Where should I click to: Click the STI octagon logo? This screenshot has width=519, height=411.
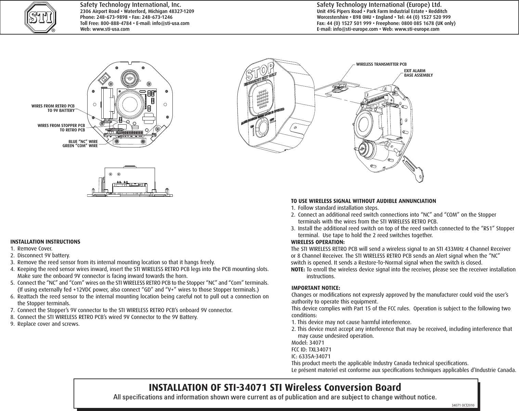pyautogui.click(x=40, y=17)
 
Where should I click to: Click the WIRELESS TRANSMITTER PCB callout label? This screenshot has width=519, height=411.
pyautogui.click(x=381, y=64)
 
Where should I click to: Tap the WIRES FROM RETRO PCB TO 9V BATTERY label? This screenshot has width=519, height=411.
pyautogui.click(x=53, y=108)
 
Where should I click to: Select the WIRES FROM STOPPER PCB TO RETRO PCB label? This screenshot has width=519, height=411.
pyautogui.click(x=61, y=128)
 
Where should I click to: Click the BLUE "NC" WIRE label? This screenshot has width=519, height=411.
pyautogui.click(x=83, y=141)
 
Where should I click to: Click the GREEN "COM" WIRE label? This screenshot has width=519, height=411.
pyautogui.click(x=80, y=146)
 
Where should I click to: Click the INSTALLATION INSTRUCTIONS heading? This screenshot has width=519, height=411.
pyautogui.click(x=46, y=242)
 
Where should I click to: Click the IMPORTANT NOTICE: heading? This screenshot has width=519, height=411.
pyautogui.click(x=315, y=288)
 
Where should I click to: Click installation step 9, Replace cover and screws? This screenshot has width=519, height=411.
pyautogui.click(x=48, y=324)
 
